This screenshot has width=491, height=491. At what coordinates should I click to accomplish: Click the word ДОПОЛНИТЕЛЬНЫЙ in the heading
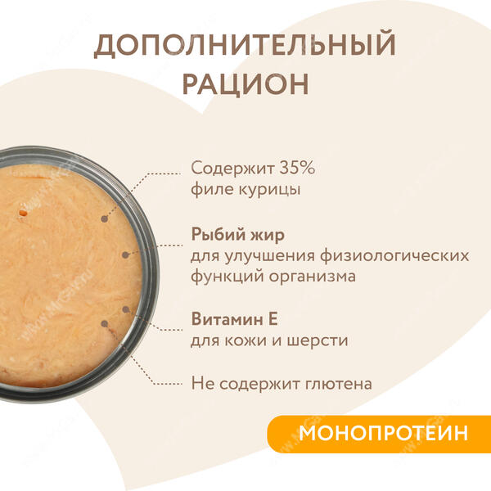[245, 46]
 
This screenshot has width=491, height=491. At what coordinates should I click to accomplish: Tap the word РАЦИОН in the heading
[245, 83]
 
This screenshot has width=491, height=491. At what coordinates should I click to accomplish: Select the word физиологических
[394, 256]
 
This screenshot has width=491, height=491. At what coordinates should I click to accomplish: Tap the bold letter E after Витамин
[273, 319]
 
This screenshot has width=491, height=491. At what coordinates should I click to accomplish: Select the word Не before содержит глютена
[203, 383]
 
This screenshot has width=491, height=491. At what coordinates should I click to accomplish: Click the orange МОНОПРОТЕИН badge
[379, 434]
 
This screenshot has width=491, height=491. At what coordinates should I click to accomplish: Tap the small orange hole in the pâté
[23, 214]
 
